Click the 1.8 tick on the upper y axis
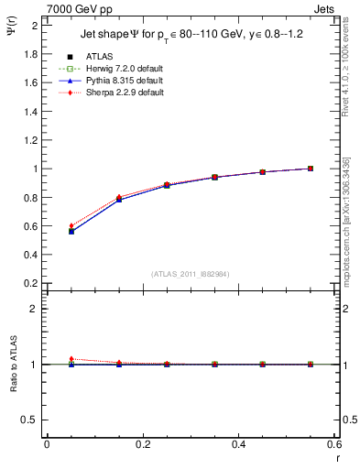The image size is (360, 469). pyautogui.click(x=31, y=54)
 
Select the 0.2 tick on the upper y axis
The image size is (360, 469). pyautogui.click(x=31, y=283)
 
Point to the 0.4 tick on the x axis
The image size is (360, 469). pyautogui.click(x=238, y=446)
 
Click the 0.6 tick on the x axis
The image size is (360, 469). pyautogui.click(x=333, y=446)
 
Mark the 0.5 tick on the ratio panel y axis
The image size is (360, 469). pyautogui.click(x=31, y=420)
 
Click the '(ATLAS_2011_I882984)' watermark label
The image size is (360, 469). pyautogui.click(x=190, y=274)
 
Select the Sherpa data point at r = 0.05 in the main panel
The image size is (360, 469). pyautogui.click(x=71, y=225)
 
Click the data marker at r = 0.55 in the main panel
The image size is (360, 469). pyautogui.click(x=311, y=169)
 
